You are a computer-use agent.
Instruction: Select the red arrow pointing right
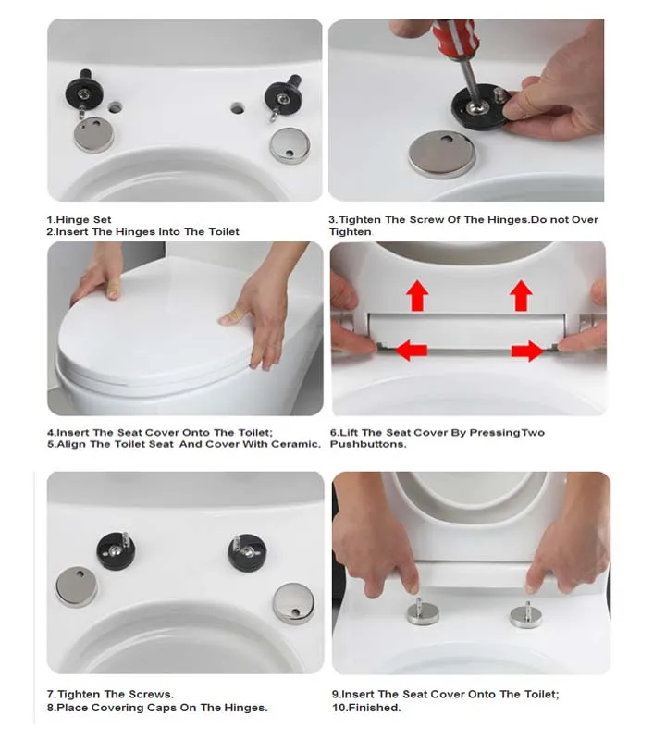coord(528,351)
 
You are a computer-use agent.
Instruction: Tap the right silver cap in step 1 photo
coord(290,145)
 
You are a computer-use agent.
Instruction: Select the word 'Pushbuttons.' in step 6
coord(368,444)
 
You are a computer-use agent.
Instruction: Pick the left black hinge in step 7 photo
coord(117,549)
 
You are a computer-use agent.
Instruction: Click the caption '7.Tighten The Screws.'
coord(110,695)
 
